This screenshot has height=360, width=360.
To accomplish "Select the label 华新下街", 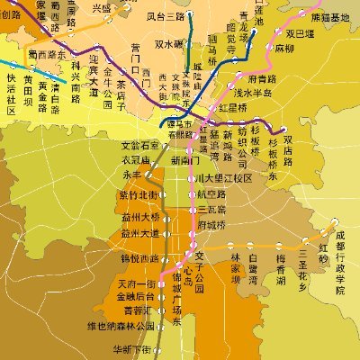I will (131, 348).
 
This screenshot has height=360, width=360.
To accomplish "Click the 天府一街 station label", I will (137, 284).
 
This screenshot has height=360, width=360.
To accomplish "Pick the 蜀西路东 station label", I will (44, 54).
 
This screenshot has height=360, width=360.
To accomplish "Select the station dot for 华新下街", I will (156, 348).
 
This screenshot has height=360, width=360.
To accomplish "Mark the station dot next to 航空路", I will (191, 194).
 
